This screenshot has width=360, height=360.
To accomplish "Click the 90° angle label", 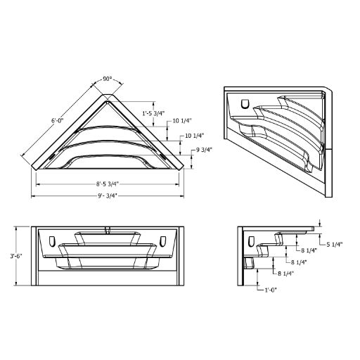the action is point(108,79).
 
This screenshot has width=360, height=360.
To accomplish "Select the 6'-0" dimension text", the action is point(58,121).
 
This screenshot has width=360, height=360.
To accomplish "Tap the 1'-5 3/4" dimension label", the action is point(153,113).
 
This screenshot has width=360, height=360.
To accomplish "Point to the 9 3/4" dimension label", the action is point(204,150).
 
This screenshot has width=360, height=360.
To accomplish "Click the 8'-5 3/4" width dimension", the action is point(108,184).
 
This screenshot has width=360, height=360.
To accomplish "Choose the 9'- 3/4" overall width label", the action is point(108,195).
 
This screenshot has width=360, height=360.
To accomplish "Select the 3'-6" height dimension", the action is point(16,256).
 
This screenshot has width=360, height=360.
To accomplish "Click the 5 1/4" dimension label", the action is point(335,245).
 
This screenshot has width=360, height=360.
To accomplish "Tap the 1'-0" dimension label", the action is point(271,290).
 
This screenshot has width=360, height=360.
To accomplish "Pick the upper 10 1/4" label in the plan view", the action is point(182,121).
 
